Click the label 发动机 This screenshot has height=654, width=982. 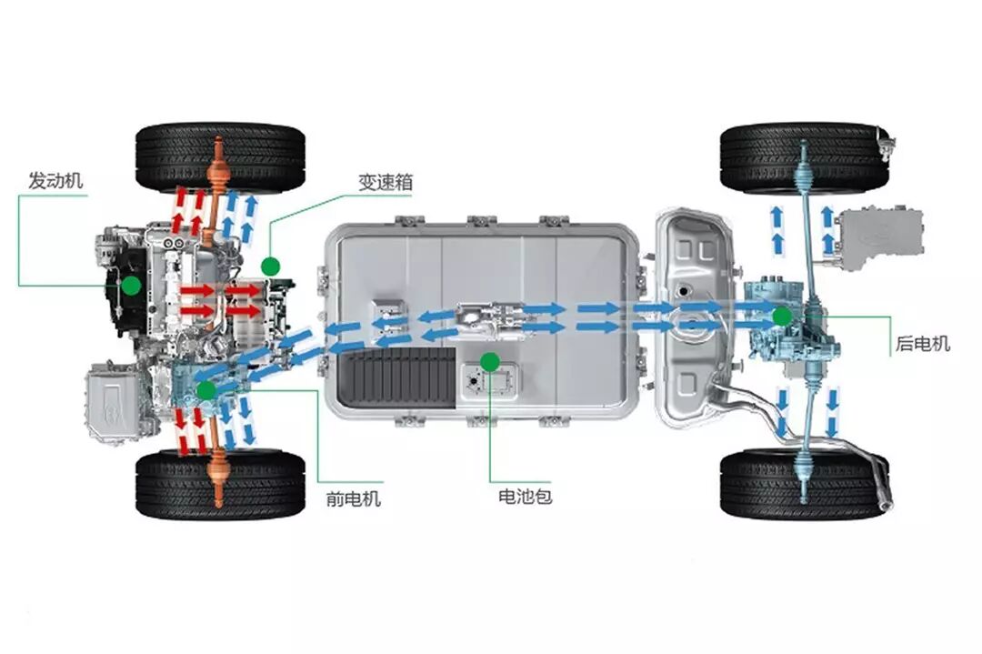55,180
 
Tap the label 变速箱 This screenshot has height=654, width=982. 385,182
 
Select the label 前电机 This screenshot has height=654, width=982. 354,498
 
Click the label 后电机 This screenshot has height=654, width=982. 922,344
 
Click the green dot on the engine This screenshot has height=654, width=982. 131,286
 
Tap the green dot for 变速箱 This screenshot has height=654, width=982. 269,267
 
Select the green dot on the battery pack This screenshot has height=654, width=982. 490,362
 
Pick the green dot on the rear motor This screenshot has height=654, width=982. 780,317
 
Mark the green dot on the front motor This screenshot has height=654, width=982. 206,390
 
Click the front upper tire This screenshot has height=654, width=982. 220,156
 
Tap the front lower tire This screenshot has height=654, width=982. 220,483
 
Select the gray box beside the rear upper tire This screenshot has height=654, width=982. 877,237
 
